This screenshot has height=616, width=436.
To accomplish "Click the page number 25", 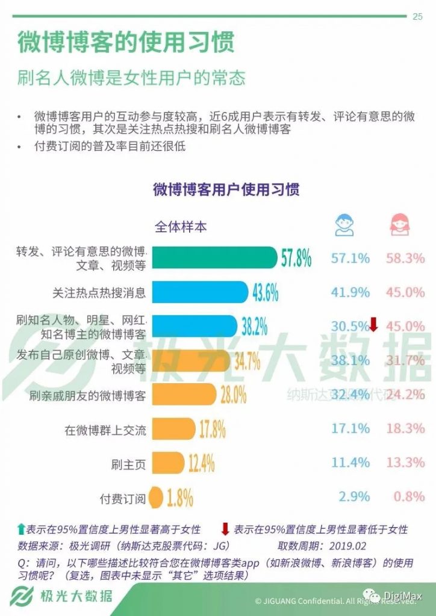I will click(417, 16).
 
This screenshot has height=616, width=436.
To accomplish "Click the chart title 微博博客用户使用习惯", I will click(226, 189).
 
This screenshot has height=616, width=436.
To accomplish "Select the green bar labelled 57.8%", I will click(214, 258).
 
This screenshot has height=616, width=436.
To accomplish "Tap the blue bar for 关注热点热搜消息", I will click(199, 292).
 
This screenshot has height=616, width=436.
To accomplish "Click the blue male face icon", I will click(344, 225).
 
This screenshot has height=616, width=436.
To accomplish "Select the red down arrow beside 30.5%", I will click(373, 325).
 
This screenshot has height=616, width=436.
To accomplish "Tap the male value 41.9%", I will click(350, 292).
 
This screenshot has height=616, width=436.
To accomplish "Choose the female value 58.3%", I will click(405, 258).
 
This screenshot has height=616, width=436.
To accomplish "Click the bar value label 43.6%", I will click(265, 293).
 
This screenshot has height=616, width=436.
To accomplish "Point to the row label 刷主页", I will click(128, 464).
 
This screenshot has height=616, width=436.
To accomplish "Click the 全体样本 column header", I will click(181, 227).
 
